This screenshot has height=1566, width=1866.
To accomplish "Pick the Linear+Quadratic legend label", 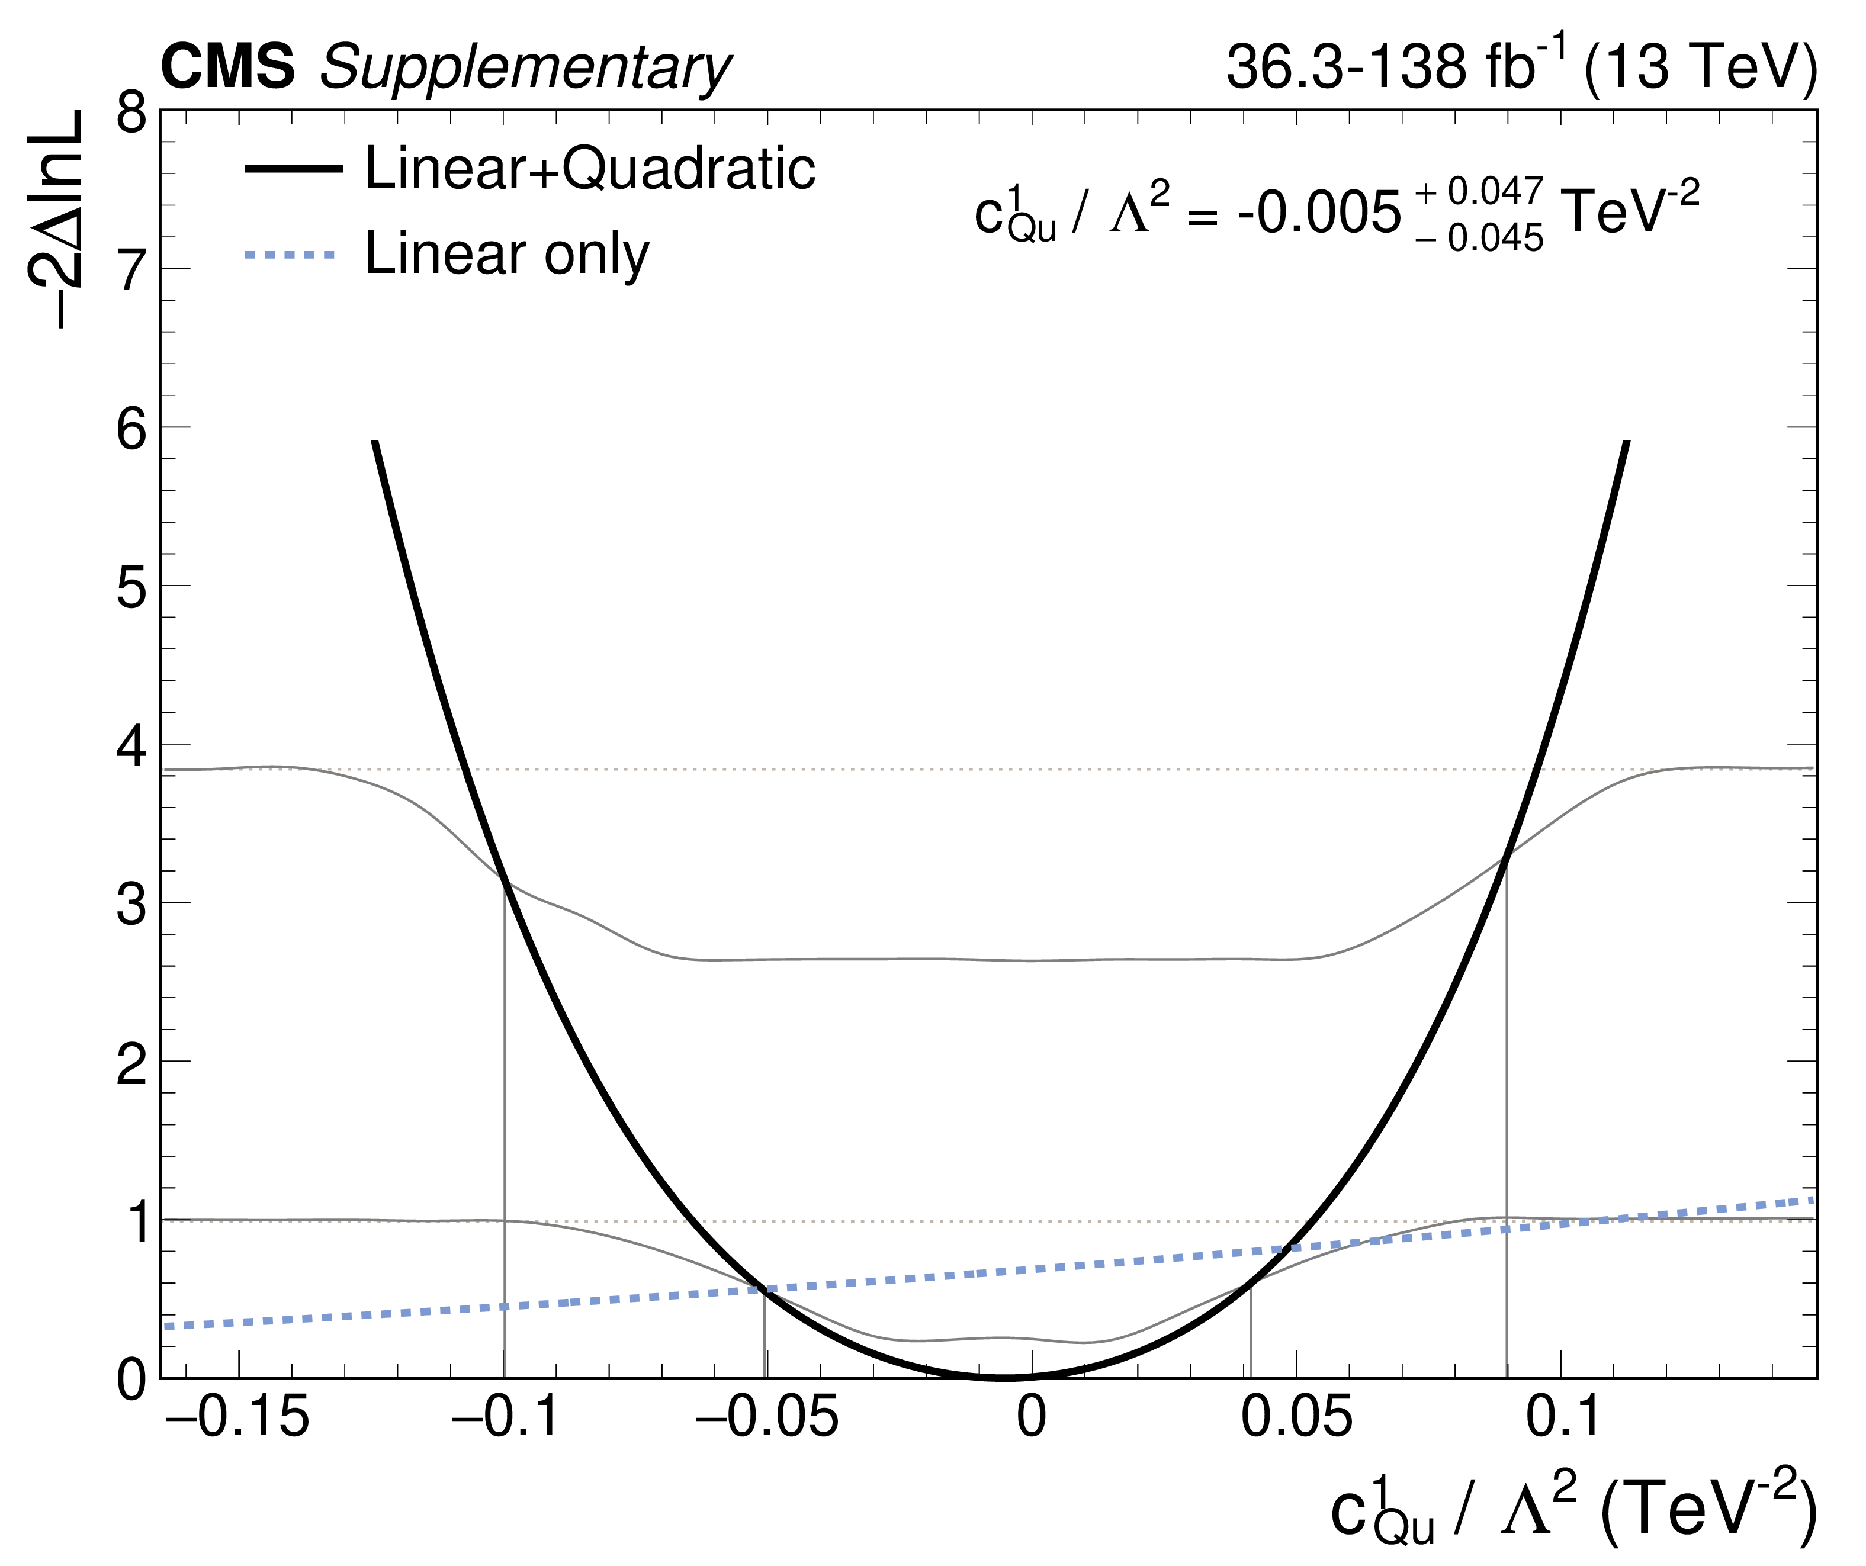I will (x=590, y=168).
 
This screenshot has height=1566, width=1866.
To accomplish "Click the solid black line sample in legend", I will (x=293, y=169).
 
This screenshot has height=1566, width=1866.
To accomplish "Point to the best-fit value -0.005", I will (x=1319, y=215).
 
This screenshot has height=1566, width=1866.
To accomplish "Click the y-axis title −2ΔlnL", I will (x=55, y=220).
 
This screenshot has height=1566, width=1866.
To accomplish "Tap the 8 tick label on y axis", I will (x=131, y=114).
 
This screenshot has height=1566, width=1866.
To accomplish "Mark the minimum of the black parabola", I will (x=1004, y=1376).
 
